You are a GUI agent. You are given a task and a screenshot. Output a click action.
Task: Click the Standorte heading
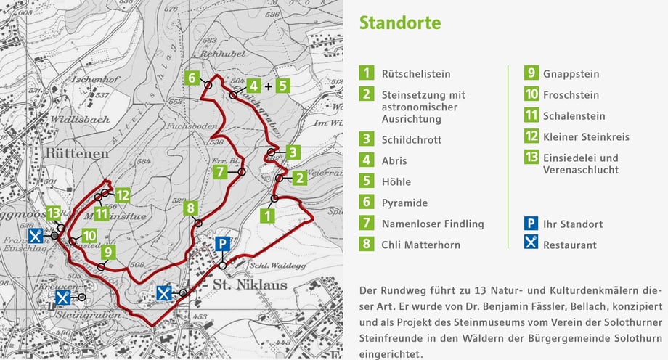tap(399, 22)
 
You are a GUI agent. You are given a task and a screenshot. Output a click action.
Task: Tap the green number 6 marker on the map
tap(191, 78)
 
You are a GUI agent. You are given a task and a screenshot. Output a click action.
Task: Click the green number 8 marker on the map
tap(190, 208)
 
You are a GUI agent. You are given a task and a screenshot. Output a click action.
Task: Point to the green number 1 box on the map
tap(268, 215)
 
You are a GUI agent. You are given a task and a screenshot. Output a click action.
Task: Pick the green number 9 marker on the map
tap(108, 252)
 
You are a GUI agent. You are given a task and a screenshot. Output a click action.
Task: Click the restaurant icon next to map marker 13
tap(35, 236)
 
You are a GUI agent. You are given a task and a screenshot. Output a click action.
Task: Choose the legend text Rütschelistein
tap(416, 74)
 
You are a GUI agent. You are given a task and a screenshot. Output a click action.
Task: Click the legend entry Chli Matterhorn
tap(420, 245)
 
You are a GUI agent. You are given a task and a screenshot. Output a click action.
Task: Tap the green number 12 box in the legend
tap(531, 136)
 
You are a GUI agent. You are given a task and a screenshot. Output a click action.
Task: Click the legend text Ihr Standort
tap(573, 224)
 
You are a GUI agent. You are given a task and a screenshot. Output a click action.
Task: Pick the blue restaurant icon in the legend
tap(531, 244)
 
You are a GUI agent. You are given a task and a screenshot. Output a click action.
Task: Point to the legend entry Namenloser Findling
tap(432, 224)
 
